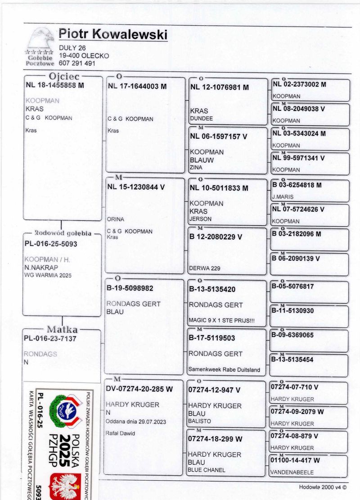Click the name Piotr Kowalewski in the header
coord(113,35)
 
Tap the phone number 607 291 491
coord(77,64)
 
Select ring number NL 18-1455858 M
coord(55,85)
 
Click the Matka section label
coord(62,329)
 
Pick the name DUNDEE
coord(202,118)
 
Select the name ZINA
coord(196,168)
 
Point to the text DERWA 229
coord(205,268)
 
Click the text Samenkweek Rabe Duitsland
coord(225,370)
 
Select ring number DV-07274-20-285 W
coord(139,389)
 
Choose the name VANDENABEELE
coord(292,472)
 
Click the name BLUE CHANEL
coord(206,470)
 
